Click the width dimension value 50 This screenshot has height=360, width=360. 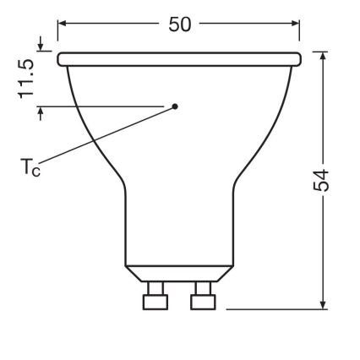[x=179, y=25]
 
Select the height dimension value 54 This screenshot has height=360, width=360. [x=322, y=179]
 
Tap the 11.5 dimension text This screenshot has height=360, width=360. [x=28, y=79]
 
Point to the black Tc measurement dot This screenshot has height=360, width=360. [x=175, y=106]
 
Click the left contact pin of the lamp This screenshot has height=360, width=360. [x=155, y=297]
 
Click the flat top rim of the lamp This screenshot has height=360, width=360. [x=179, y=59]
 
